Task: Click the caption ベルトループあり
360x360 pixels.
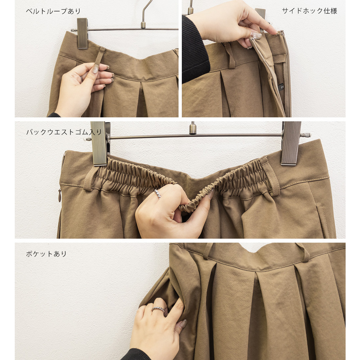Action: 53,11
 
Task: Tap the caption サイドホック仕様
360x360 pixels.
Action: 310,11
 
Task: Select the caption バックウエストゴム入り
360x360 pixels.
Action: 64,132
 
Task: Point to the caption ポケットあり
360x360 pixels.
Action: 46,254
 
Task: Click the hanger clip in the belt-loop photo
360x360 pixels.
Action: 82,33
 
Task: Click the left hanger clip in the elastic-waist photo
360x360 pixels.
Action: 100,144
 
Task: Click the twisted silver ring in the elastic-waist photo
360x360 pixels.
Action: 158,194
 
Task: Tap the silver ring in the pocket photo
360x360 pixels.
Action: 158,310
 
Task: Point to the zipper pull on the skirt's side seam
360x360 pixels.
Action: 60,195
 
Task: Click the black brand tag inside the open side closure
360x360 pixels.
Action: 282,87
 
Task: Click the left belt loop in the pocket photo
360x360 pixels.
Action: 208,251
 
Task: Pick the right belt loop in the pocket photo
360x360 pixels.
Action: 303,253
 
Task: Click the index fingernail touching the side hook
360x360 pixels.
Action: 256,35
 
